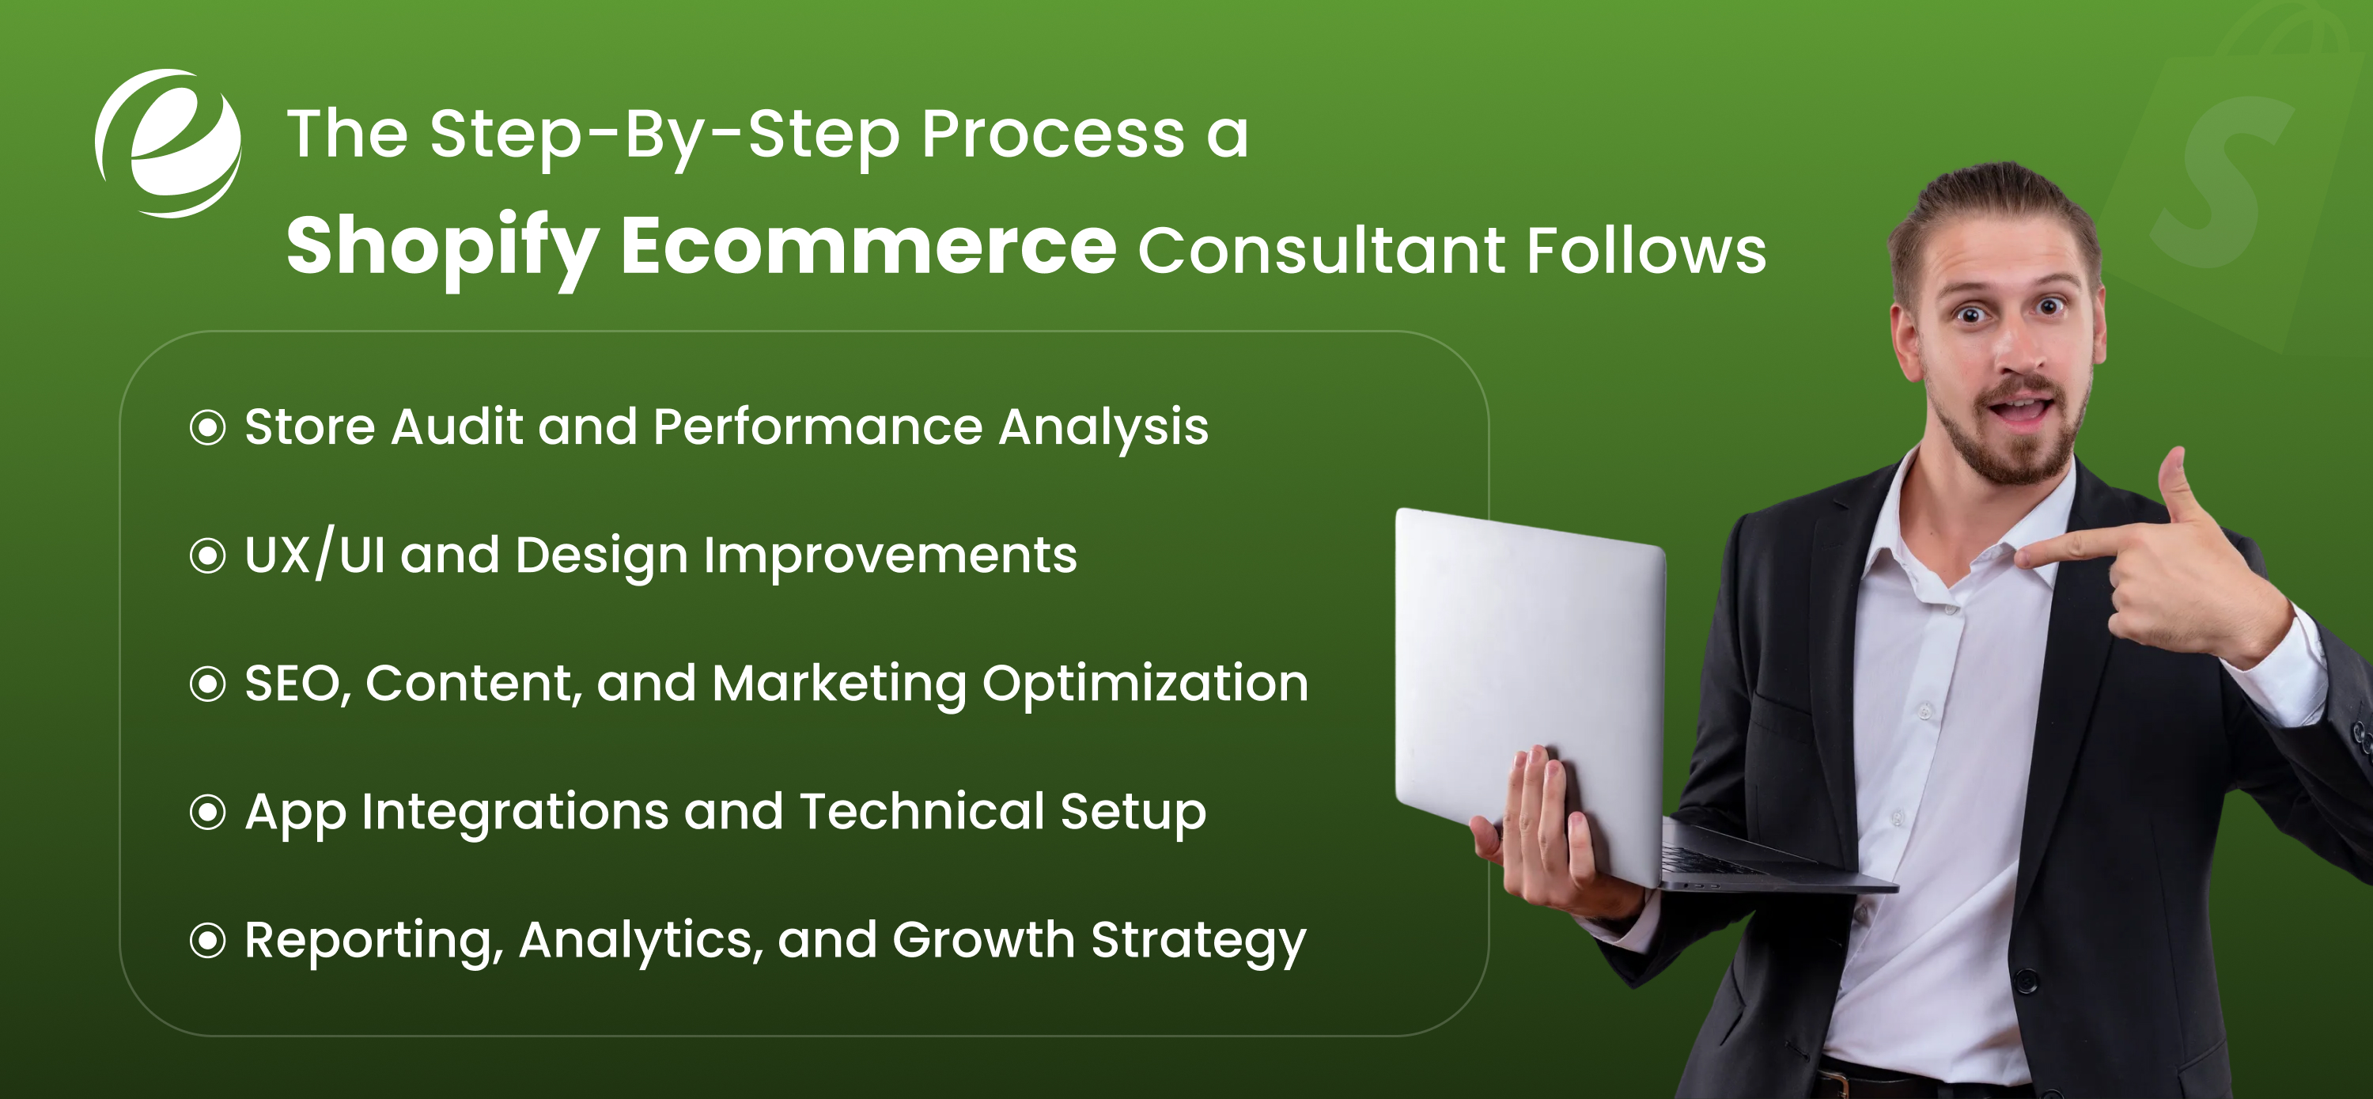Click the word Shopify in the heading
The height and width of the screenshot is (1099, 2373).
pos(442,247)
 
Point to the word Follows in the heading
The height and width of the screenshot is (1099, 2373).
pos(1646,251)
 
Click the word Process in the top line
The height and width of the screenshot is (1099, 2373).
pos(1053,135)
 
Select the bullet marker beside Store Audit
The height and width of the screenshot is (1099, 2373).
pos(207,427)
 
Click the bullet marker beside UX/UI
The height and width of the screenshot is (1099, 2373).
pos(207,555)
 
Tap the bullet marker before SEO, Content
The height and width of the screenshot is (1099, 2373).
pos(207,684)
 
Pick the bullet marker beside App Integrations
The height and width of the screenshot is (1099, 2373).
pos(207,813)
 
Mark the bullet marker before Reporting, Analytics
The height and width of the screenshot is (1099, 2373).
pos(207,941)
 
